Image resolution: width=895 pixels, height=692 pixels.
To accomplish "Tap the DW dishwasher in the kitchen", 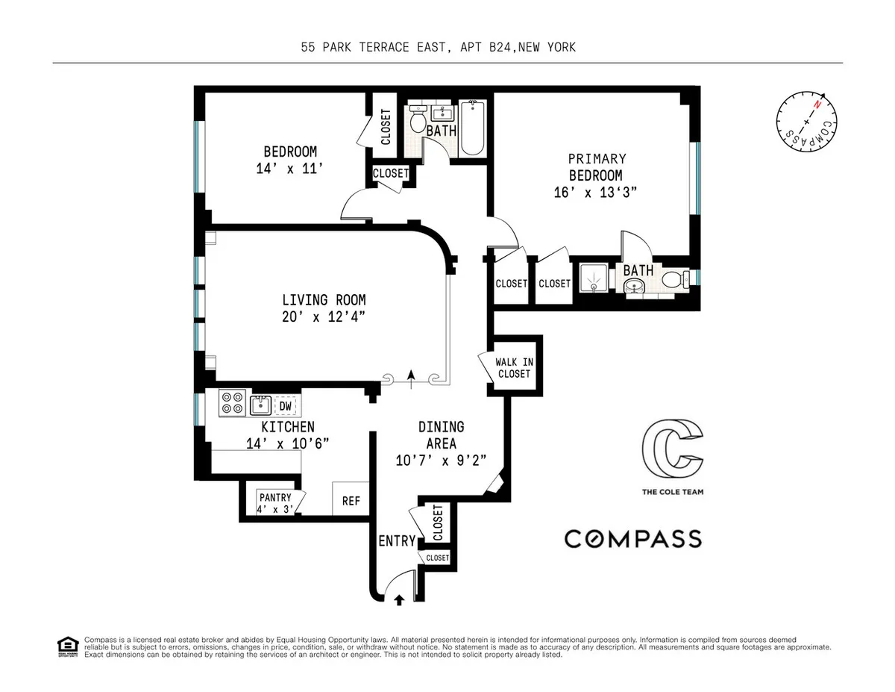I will tap(284, 406).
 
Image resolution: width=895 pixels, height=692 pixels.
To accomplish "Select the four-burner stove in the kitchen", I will tap(232, 404).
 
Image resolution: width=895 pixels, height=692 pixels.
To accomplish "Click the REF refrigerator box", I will tap(351, 501).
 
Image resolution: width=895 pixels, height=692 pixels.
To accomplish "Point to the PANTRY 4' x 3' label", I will tap(276, 502).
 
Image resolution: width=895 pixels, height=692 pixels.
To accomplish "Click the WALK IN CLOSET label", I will tap(513, 367).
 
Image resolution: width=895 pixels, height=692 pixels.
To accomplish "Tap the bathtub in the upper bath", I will tap(473, 128).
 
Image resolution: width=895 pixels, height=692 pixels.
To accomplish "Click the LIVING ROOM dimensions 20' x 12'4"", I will tap(324, 317).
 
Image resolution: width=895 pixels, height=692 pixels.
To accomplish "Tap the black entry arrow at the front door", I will tap(397, 599).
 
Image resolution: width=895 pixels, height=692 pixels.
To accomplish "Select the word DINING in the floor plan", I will tap(441, 427).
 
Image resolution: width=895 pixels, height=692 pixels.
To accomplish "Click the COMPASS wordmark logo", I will tap(632, 538).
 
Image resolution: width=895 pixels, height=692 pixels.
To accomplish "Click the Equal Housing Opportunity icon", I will tap(67, 646).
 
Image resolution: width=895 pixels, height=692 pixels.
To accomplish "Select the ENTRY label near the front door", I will tap(396, 540).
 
